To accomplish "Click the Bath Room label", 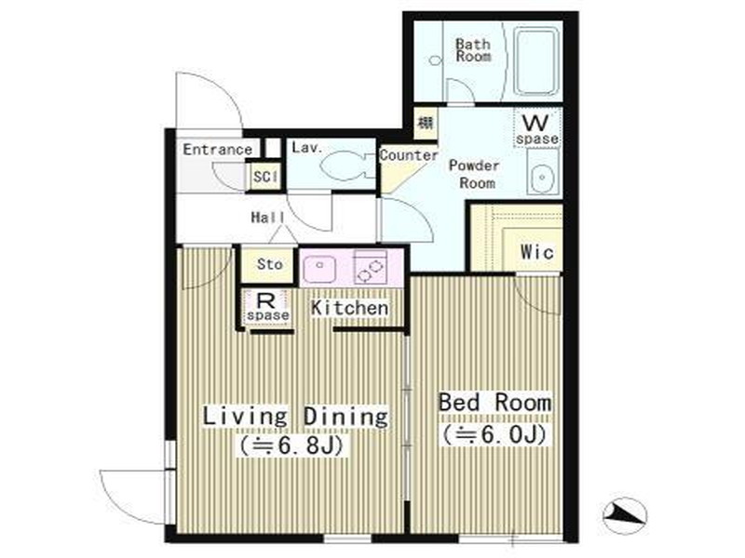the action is point(473,50).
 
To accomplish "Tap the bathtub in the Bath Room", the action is point(537,61).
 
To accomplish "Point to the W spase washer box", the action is point(537,128).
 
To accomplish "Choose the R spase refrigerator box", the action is point(267,307).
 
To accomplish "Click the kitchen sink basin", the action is point(319,269).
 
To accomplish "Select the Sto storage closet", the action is point(269,264).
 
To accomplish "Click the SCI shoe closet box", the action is point(264,177).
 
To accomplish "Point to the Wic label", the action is point(537,252).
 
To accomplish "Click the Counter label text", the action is point(409,155).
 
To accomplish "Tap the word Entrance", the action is point(218,150).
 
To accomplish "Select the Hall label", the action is point(268,218).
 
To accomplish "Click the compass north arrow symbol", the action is point(625,515).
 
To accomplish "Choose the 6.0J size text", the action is point(494,434).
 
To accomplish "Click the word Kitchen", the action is point(350,308).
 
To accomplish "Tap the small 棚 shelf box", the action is point(426,124).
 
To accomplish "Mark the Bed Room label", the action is point(494,403).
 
